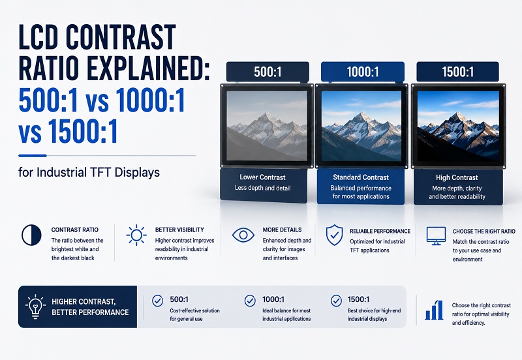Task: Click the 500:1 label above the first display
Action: click(x=268, y=72)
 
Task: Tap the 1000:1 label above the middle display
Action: click(x=363, y=72)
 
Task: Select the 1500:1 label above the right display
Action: click(x=458, y=72)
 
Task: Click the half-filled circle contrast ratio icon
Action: click(x=31, y=235)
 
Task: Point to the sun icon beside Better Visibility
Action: click(x=136, y=235)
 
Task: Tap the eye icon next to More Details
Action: click(x=243, y=235)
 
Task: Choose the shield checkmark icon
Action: click(x=334, y=235)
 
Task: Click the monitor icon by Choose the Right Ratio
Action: click(x=436, y=236)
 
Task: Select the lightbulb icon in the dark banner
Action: click(x=35, y=307)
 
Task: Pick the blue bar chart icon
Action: click(x=434, y=310)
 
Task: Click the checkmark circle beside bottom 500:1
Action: click(x=157, y=301)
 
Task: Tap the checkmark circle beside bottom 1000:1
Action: click(x=250, y=301)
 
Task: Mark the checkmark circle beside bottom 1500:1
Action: click(x=336, y=301)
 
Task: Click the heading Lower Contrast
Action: click(x=263, y=177)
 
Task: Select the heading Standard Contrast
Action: click(x=361, y=177)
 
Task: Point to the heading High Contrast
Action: click(x=457, y=177)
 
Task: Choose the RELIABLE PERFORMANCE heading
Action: click(x=380, y=231)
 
